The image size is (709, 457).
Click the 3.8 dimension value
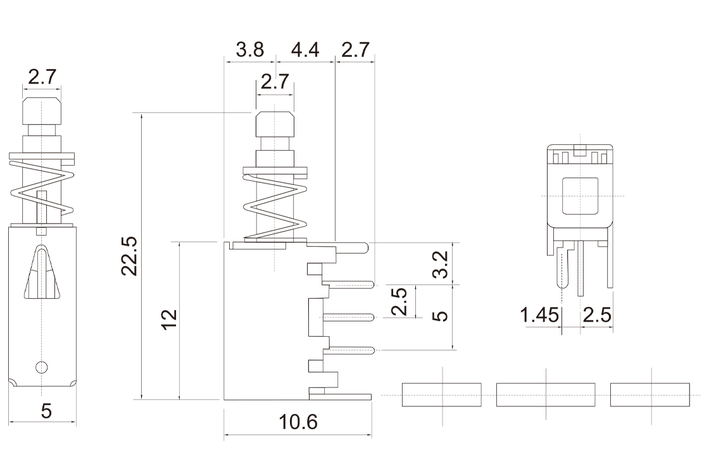click(249, 51)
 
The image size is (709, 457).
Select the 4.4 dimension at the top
click(305, 51)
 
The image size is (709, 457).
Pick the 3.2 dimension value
click(441, 264)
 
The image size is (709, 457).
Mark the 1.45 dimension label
click(539, 315)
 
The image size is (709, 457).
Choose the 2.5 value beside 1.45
click(596, 315)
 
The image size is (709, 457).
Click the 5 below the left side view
click(46, 411)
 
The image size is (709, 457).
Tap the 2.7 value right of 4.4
click(356, 51)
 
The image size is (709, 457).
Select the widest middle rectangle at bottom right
click(546, 394)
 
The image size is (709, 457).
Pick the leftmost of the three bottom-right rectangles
click(442, 394)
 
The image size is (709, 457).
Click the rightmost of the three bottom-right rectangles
click(649, 394)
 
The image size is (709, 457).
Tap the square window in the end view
click(580, 196)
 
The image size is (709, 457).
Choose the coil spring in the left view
click(42, 187)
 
